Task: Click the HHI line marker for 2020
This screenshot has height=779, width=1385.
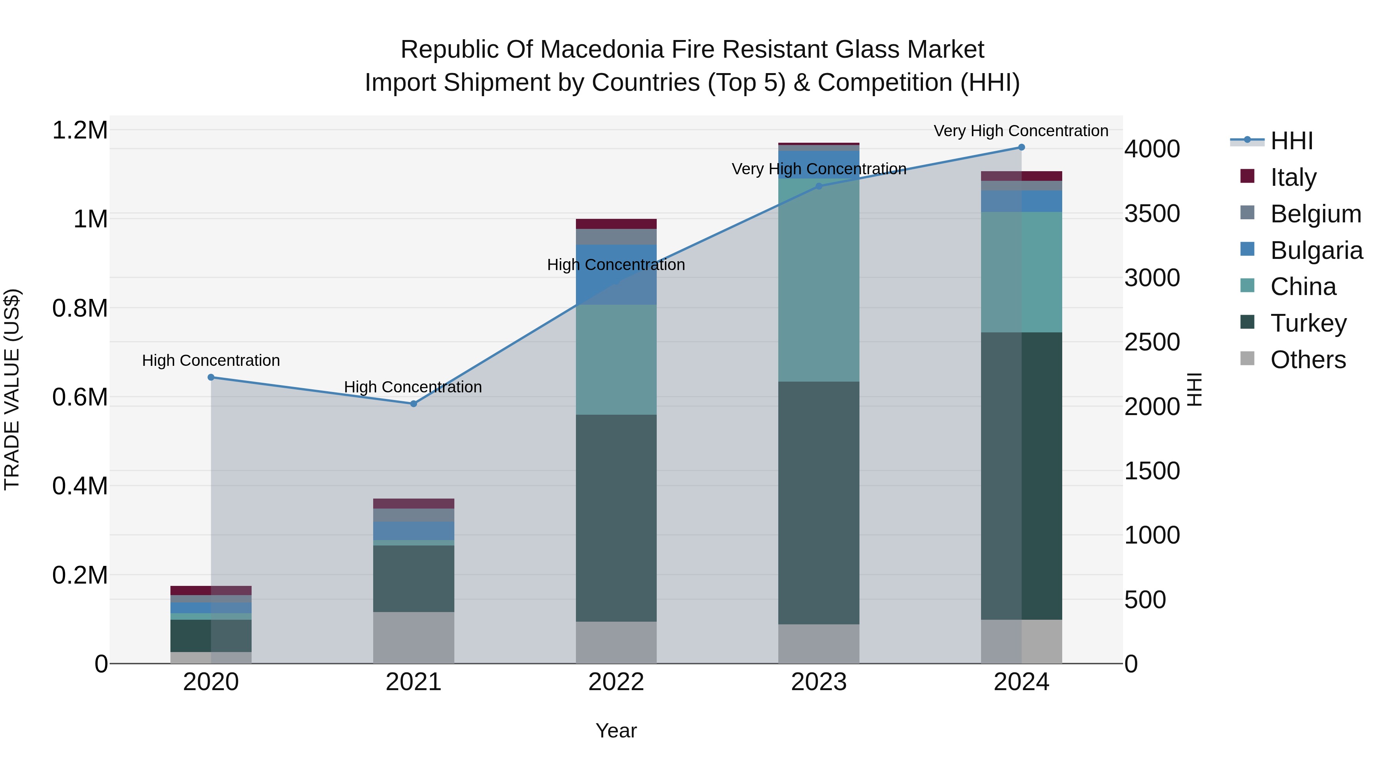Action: pyautogui.click(x=211, y=377)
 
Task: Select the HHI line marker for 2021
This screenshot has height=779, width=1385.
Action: pyautogui.click(x=414, y=404)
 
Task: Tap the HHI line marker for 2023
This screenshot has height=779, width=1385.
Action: pyautogui.click(x=819, y=186)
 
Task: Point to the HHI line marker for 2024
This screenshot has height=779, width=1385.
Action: pyautogui.click(x=1021, y=147)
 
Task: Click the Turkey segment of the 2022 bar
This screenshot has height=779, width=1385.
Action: pyautogui.click(x=616, y=518)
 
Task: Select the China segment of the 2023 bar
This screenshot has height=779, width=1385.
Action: pyautogui.click(x=819, y=280)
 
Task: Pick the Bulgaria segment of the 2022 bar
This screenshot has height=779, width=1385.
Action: pyautogui.click(x=616, y=274)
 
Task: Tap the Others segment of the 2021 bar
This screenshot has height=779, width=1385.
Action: pyautogui.click(x=414, y=637)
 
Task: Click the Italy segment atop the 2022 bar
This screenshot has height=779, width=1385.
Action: pyautogui.click(x=616, y=224)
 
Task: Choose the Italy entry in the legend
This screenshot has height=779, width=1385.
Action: pyautogui.click(x=1293, y=177)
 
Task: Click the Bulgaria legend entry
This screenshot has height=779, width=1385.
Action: pyautogui.click(x=1316, y=250)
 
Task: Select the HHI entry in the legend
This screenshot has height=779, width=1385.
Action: pyautogui.click(x=1292, y=141)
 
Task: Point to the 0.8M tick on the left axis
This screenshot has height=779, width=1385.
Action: pyautogui.click(x=80, y=308)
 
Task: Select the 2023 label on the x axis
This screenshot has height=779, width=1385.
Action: pyautogui.click(x=819, y=682)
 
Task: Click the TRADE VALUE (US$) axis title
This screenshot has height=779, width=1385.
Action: pyautogui.click(x=12, y=389)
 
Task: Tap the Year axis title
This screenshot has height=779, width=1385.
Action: pyautogui.click(x=616, y=731)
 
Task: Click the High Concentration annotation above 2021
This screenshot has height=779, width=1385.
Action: pyautogui.click(x=413, y=387)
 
